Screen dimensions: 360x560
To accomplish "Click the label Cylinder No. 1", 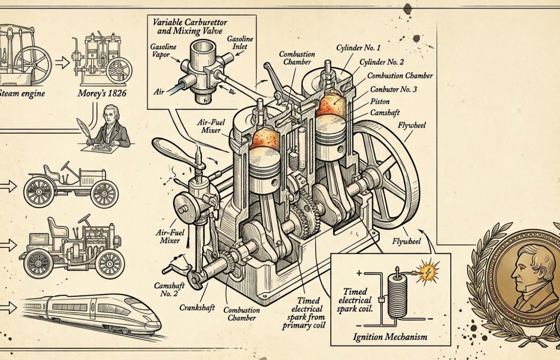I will click(358, 48).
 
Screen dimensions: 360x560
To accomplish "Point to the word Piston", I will click(380, 101).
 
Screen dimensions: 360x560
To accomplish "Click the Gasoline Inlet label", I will click(240, 43).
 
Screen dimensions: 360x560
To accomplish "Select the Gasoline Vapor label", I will click(164, 52).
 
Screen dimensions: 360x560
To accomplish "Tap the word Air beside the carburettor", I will click(159, 91).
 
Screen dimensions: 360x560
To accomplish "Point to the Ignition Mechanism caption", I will click(390, 337).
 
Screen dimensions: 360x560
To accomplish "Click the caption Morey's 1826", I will click(102, 93).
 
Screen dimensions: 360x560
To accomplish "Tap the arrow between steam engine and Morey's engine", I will click(62, 62).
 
